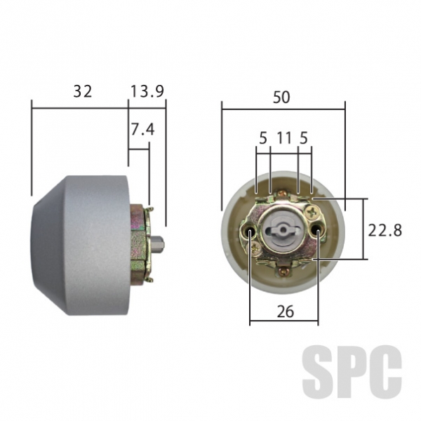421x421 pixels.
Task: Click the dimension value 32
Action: tap(83, 91)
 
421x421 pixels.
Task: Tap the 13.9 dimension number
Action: tap(147, 91)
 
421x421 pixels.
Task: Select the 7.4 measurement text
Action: tap(142, 129)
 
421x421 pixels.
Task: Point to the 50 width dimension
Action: tap(281, 98)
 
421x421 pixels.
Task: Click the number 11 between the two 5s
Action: tap(284, 138)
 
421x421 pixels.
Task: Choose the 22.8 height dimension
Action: tap(385, 230)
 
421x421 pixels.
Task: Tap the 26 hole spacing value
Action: tap(286, 312)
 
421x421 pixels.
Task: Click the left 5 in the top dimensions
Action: tap(263, 138)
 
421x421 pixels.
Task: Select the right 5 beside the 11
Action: tap(303, 138)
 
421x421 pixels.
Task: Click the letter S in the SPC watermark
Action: tap(319, 371)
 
